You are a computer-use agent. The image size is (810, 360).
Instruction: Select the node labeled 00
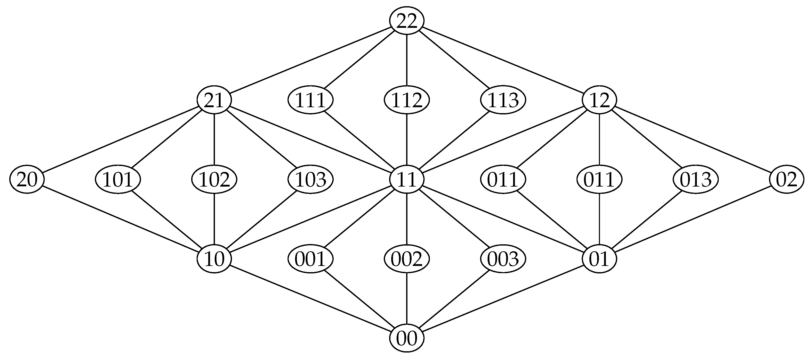[407, 338]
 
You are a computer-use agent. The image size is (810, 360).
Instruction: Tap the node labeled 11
[407, 180]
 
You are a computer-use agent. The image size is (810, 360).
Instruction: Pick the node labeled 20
[27, 180]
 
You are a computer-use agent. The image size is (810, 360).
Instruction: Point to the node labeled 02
[786, 180]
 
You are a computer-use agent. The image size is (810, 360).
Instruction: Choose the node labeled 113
[503, 100]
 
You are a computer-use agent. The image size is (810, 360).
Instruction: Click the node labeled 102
[214, 180]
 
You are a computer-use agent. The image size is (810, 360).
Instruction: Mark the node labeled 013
[696, 180]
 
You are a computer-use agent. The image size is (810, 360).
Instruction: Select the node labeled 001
[310, 259]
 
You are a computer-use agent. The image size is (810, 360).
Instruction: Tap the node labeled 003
[503, 259]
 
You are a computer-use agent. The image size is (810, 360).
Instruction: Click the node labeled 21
[214, 100]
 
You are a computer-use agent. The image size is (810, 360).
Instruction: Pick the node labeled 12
[599, 100]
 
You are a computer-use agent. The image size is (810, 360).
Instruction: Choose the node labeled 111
[310, 100]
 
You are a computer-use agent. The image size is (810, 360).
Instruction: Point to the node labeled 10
[214, 259]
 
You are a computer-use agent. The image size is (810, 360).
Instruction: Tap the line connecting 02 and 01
[693, 219]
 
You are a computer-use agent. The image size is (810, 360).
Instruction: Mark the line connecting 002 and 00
[407, 299]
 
